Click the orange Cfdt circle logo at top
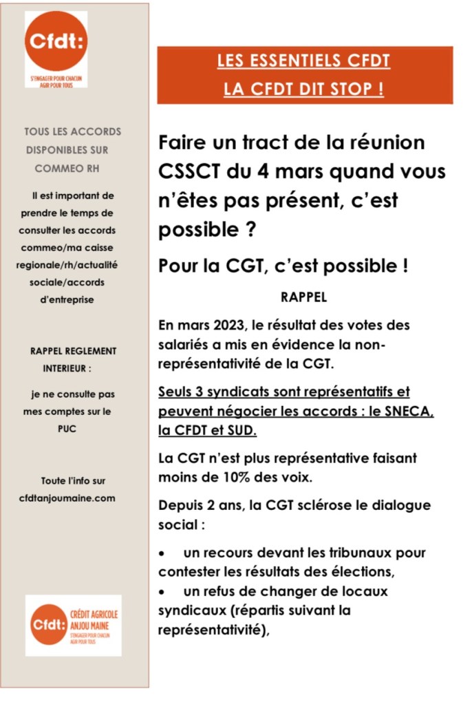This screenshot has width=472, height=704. click(56, 41)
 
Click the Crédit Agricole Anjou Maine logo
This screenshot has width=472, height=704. click(73, 624)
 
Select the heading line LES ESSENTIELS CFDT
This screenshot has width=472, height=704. click(303, 62)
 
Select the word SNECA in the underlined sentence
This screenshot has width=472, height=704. click(411, 411)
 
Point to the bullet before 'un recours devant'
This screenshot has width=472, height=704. click(162, 553)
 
